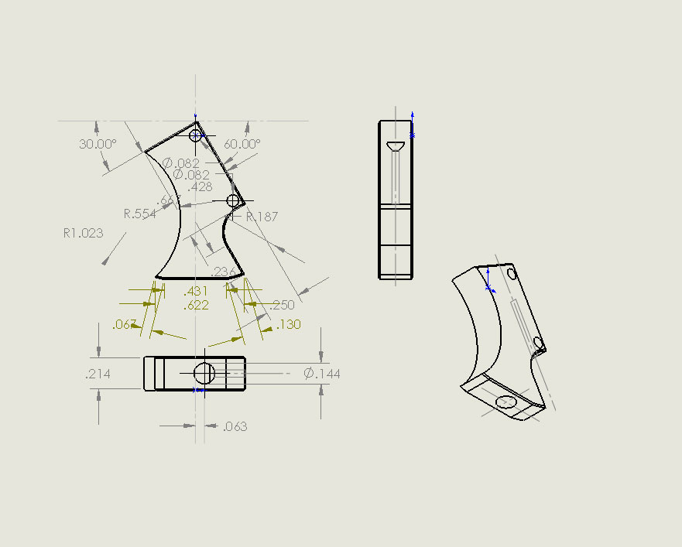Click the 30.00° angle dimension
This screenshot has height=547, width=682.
click(x=98, y=144)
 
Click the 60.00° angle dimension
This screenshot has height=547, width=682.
click(x=242, y=144)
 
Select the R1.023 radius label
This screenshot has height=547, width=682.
click(x=83, y=232)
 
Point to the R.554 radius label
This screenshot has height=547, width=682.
click(x=140, y=214)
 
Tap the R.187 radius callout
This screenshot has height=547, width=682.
click(x=262, y=217)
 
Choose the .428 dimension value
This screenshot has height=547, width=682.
click(x=200, y=186)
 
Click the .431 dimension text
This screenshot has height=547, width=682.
click(x=196, y=292)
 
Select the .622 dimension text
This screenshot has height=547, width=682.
click(x=196, y=306)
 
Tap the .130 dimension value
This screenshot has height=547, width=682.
click(x=288, y=325)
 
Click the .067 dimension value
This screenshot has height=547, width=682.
click(x=125, y=324)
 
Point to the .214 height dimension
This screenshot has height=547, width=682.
click(x=98, y=374)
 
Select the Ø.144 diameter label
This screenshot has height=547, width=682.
click(x=322, y=374)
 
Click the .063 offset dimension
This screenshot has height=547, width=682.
click(x=235, y=427)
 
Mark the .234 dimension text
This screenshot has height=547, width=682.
click(x=223, y=272)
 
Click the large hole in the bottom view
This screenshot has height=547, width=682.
click(x=204, y=374)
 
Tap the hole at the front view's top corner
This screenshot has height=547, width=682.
click(x=195, y=135)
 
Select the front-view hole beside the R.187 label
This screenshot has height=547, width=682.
click(x=233, y=201)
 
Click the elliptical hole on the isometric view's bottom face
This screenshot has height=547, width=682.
click(x=507, y=401)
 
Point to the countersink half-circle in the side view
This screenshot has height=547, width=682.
click(x=396, y=146)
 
